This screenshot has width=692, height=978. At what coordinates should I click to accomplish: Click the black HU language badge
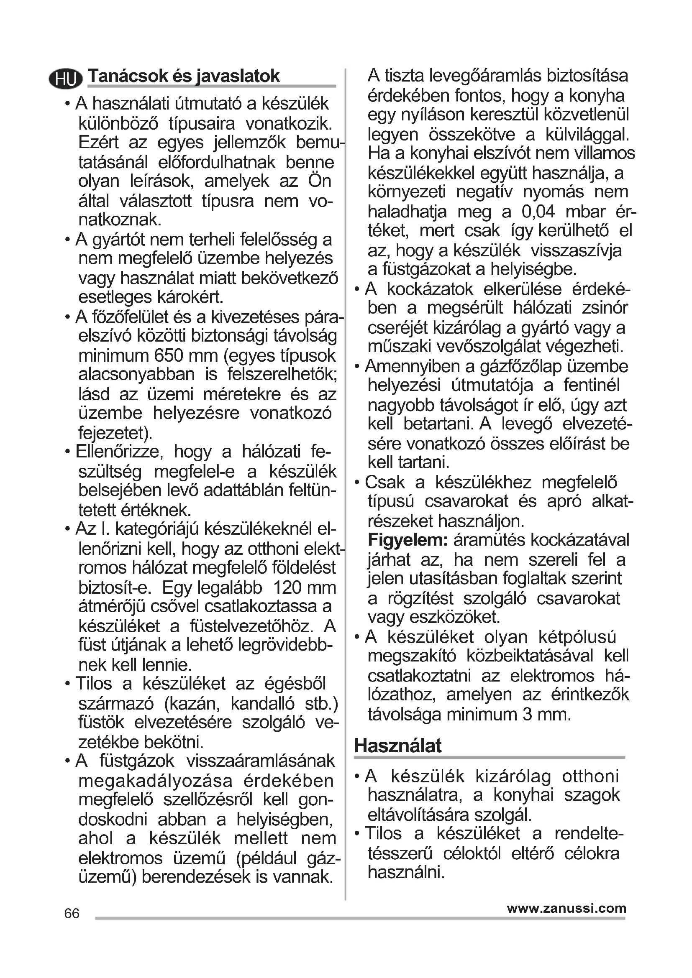click(x=66, y=78)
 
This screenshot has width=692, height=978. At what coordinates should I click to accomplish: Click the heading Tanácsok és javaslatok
click(x=184, y=76)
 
